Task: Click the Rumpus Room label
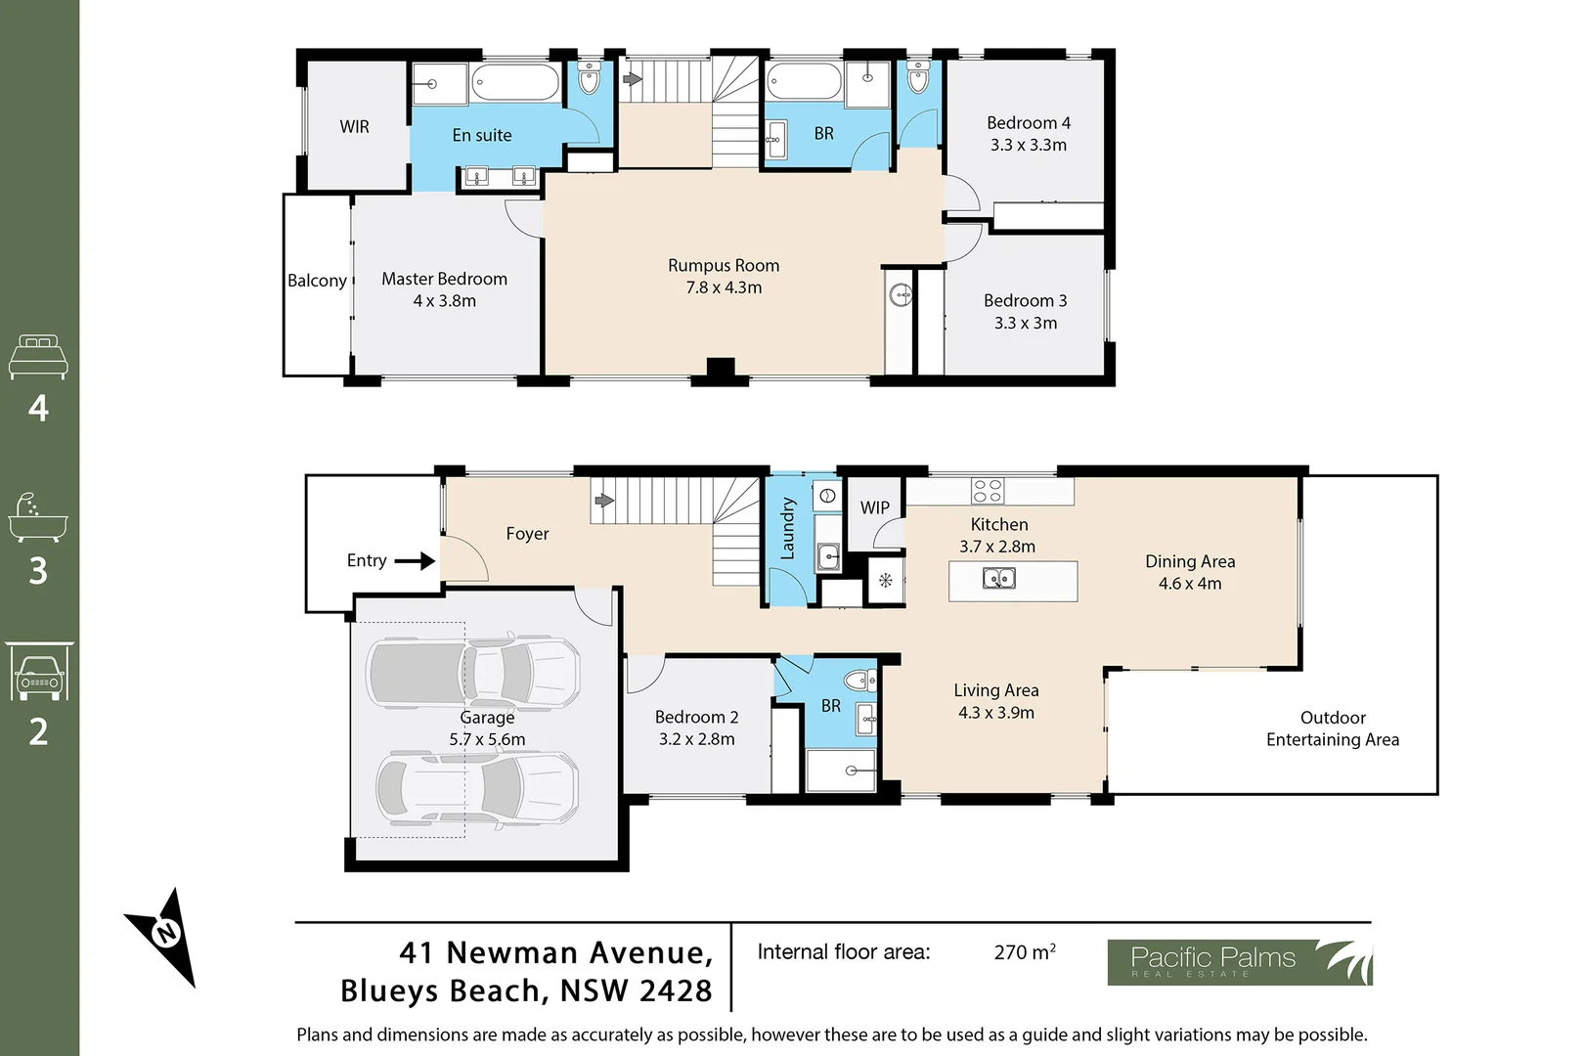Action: pos(724,266)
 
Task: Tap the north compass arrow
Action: pos(164,935)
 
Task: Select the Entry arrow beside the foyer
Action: pos(415,561)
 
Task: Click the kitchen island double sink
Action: pos(998,579)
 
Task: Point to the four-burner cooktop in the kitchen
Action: pos(987,490)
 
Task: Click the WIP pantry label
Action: pos(874,507)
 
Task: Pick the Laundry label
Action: pos(788,529)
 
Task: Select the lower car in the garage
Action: pos(477,789)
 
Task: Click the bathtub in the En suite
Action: pos(515,82)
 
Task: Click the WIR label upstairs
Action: pos(354,127)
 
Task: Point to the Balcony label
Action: pos(317,281)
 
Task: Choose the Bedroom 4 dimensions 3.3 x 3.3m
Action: pos(1028,145)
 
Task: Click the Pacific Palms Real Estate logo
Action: pos(1239,962)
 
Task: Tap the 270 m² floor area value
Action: pos(1024,952)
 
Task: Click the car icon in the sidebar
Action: pos(39,673)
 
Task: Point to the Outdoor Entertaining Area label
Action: pos(1332,728)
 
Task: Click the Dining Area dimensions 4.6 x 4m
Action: pos(1189,584)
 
